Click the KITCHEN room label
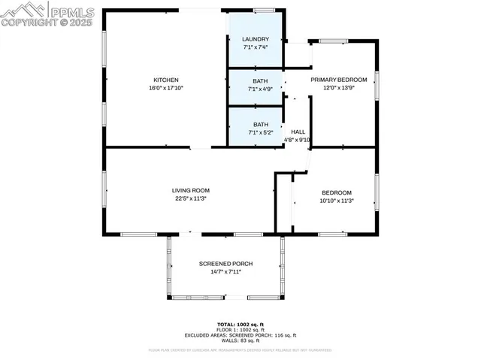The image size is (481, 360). tap(165, 80)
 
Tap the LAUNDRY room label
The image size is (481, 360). tap(256, 39)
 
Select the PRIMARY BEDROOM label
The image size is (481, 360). tap(339, 80)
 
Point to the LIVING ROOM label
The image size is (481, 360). tap(191, 190)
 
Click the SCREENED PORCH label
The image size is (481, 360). tap(225, 263)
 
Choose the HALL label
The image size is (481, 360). tap(298, 131)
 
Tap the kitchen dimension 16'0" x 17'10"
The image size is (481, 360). tap(165, 88)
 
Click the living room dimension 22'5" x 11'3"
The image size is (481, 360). tap(191, 198)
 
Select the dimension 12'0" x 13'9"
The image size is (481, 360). tap(339, 88)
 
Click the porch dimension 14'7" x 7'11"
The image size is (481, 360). tap(225, 271)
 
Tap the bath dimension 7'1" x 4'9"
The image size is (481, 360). tap(260, 89)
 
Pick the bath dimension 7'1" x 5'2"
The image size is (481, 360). tap(260, 132)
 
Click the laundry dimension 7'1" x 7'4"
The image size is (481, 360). tap(256, 47)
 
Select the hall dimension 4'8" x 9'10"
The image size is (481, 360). tap(298, 138)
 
